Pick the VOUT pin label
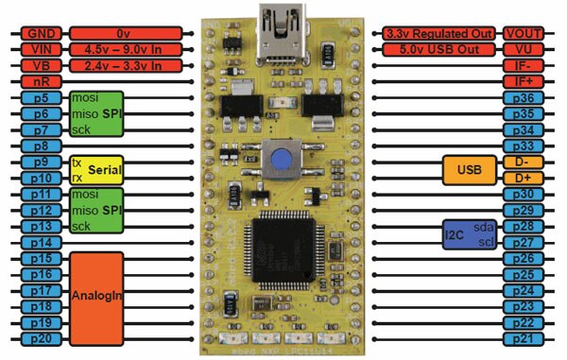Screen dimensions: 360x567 pyautogui.click(x=524, y=33)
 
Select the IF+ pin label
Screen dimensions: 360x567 pyautogui.click(x=524, y=82)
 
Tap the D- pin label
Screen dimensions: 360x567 pyautogui.click(x=524, y=163)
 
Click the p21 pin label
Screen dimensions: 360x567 pyautogui.click(x=524, y=338)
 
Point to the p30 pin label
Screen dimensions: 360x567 pyautogui.click(x=524, y=194)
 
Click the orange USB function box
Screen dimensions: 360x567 pyautogui.click(x=469, y=170)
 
